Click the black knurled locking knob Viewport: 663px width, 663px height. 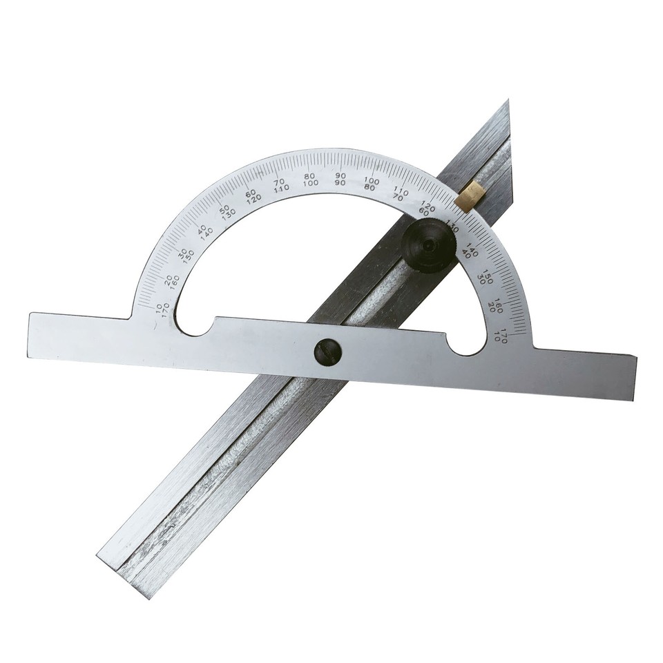[x=428, y=245]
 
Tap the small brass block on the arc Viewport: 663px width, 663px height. [x=469, y=195]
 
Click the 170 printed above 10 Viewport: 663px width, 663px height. [x=506, y=331]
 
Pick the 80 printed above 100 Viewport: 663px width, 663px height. [x=309, y=175]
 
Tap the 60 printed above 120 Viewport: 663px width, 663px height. [x=251, y=193]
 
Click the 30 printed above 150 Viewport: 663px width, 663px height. [x=182, y=253]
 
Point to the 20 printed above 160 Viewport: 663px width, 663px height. [x=169, y=279]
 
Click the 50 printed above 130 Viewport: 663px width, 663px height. [x=224, y=209]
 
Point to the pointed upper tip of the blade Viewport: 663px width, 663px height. [x=508, y=102]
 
